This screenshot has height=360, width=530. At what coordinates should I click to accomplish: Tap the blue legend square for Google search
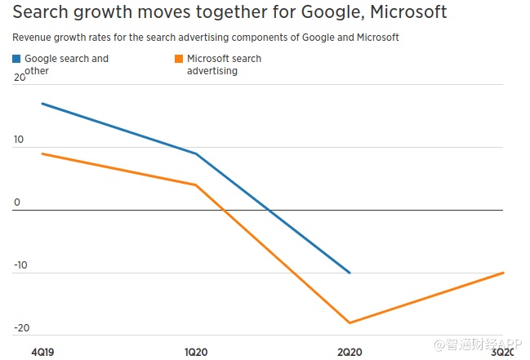tap(17, 59)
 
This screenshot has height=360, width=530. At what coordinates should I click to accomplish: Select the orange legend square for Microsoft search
tap(179, 59)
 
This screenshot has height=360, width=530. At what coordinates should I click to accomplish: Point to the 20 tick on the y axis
tap(19, 78)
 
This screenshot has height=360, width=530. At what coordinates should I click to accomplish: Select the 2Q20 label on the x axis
tap(350, 351)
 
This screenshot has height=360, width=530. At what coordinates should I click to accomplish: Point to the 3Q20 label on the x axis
tap(501, 351)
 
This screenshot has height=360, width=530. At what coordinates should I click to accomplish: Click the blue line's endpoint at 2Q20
tap(350, 273)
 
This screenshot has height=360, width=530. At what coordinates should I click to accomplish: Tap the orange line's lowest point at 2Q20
tap(350, 322)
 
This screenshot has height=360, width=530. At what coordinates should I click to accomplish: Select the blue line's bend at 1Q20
tap(195, 153)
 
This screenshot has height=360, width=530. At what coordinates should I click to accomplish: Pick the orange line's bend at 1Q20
tap(195, 184)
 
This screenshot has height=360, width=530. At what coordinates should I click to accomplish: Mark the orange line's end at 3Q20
tap(503, 273)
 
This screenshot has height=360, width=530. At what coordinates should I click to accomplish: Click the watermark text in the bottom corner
tap(477, 345)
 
